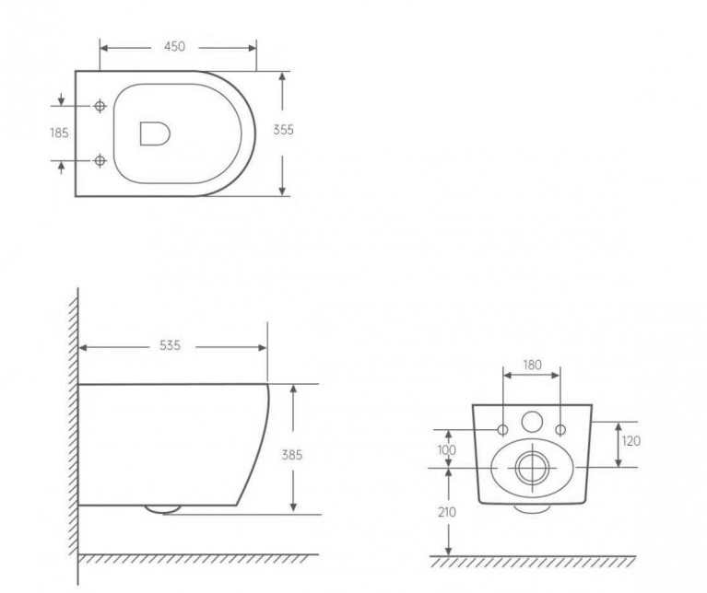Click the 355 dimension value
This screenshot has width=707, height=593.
[x=284, y=130]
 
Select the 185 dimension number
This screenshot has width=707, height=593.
[x=59, y=134]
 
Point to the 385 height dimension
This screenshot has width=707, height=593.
[x=292, y=455]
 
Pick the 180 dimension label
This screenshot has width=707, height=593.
[x=532, y=366]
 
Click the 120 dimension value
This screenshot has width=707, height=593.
[x=631, y=441]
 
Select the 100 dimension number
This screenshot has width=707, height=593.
[x=447, y=449]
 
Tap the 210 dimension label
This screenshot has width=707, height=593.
[x=447, y=513]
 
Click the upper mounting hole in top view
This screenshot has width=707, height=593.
[x=100, y=106]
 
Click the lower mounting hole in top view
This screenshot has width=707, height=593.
[x=100, y=161]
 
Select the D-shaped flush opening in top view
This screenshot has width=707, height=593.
[x=154, y=134]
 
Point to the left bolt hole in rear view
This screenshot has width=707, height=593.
[x=503, y=430]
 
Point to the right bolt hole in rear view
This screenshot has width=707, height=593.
[x=560, y=430]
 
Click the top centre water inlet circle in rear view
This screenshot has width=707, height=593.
[x=532, y=422]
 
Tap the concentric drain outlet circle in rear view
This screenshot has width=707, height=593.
[x=531, y=468]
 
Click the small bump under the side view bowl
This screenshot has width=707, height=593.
[x=164, y=507]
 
